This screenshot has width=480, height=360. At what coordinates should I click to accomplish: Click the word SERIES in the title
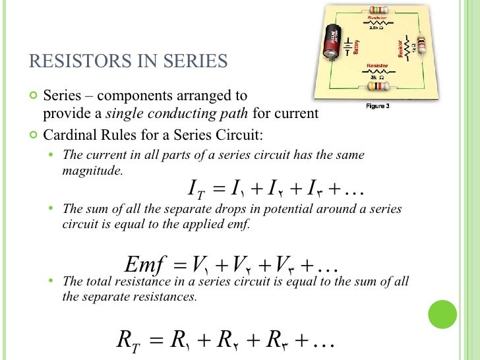click(196, 61)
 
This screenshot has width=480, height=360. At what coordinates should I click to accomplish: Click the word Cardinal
click(67, 135)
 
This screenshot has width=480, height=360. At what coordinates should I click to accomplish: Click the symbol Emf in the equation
click(144, 266)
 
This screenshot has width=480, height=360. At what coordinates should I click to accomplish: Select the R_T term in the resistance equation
click(127, 340)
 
